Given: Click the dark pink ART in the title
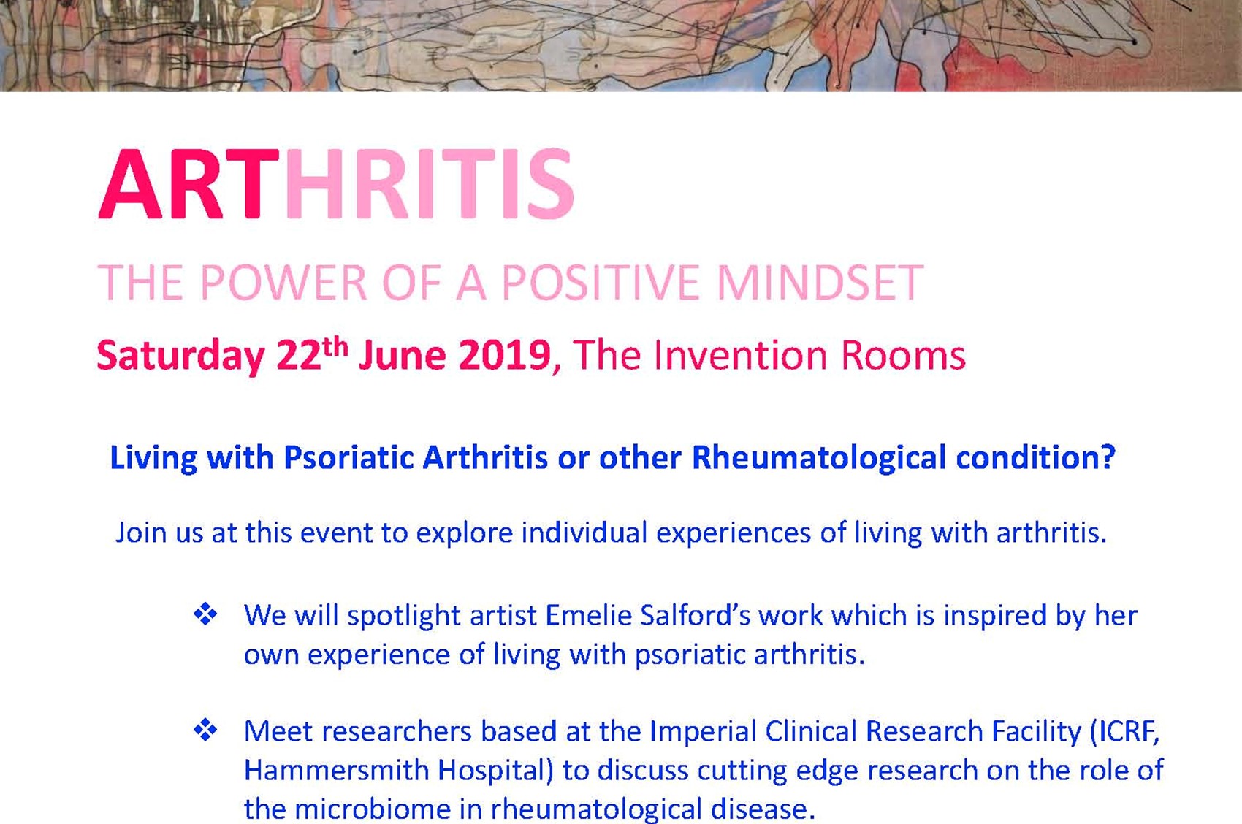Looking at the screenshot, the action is point(188,184).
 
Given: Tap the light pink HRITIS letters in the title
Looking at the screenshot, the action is point(430,184).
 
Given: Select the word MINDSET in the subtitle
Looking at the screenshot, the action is point(820,283).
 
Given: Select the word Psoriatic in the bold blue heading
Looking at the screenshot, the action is point(348,458).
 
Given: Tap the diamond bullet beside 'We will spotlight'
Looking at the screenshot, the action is point(205,614).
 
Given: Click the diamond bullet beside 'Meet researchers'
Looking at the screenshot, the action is point(205,730).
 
